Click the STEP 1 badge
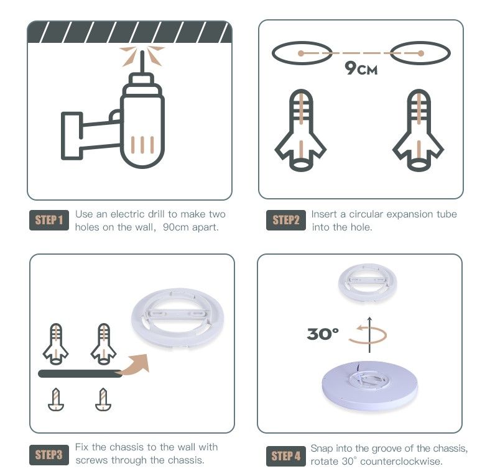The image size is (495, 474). click(x=49, y=220)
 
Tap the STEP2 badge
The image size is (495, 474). click(x=285, y=220)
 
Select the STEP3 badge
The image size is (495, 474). click(x=49, y=455)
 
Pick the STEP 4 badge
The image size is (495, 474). click(x=285, y=456)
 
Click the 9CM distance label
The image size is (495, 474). click(x=361, y=68)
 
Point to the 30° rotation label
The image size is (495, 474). click(x=323, y=334)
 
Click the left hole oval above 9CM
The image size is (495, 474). click(x=302, y=53)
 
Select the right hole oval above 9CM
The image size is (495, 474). click(x=420, y=53)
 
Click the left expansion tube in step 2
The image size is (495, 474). click(x=301, y=130)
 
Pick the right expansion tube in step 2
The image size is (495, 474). click(x=419, y=130)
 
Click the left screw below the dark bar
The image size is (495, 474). click(x=56, y=399)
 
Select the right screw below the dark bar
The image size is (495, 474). click(x=103, y=399)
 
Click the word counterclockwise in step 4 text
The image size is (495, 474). click(x=401, y=461)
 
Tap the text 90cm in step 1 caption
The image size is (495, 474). click(x=175, y=227)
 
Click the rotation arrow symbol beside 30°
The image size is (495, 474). click(x=368, y=334)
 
